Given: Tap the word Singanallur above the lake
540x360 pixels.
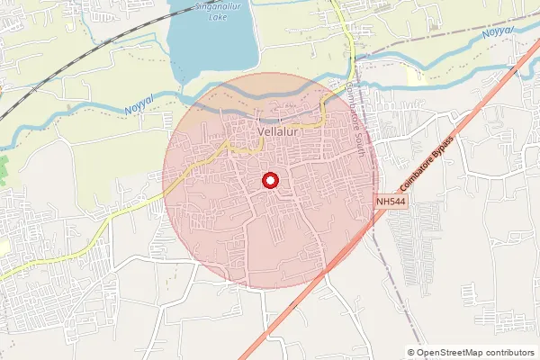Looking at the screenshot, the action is pos(211,5).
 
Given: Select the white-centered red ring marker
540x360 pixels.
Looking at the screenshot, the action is pos(268,182).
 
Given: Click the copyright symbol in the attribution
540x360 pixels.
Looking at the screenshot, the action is pos(411,353).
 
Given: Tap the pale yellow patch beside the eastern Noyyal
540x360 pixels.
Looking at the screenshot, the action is pos(416,76).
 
